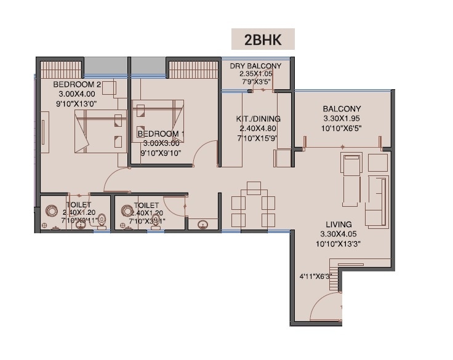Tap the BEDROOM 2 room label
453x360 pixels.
coord(76,84)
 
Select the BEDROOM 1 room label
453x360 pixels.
coord(161,134)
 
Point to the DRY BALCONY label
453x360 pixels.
coord(255,66)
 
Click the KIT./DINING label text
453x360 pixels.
coord(259,119)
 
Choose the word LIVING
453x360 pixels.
coord(336,225)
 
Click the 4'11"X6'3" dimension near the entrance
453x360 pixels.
coord(315,276)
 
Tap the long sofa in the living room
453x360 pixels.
coord(376,201)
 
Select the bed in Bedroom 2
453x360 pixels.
coord(96,131)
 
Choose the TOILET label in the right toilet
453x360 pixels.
coord(146,205)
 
